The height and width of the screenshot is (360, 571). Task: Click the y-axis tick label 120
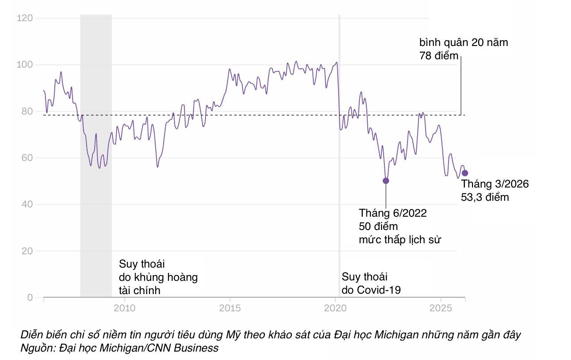(25, 18)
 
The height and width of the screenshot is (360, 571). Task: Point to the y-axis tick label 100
(25, 65)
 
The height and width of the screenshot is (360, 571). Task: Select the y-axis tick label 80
(27, 111)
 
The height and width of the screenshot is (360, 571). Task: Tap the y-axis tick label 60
(27, 158)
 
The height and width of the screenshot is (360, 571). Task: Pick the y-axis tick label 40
(27, 204)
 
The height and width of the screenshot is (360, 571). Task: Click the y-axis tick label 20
(27, 251)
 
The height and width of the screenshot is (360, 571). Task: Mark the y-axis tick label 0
(30, 297)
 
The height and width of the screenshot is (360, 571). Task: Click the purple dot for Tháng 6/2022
(386, 180)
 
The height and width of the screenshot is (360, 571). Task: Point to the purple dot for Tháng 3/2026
(465, 173)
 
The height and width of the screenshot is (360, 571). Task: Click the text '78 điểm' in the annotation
(439, 56)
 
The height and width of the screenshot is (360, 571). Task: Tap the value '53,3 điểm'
(485, 197)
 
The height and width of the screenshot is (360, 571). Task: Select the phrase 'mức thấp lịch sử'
(400, 240)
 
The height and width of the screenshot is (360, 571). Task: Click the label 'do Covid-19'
(371, 290)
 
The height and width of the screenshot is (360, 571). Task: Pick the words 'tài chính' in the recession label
(139, 290)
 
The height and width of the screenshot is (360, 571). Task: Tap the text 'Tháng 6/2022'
(393, 213)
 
